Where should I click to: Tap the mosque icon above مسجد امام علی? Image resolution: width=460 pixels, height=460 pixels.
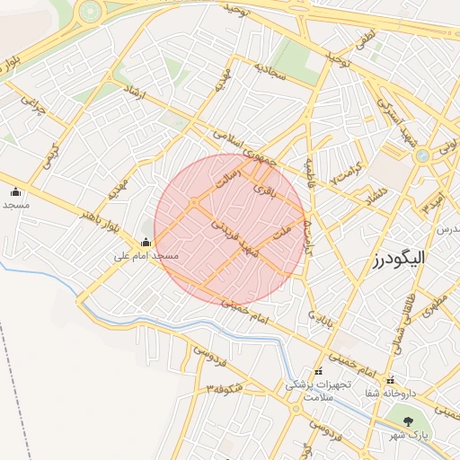pyautogui.click(x=146, y=242)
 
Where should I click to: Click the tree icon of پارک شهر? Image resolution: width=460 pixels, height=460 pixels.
pyautogui.click(x=409, y=420)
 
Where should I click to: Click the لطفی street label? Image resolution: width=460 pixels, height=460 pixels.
pyautogui.click(x=363, y=39)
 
